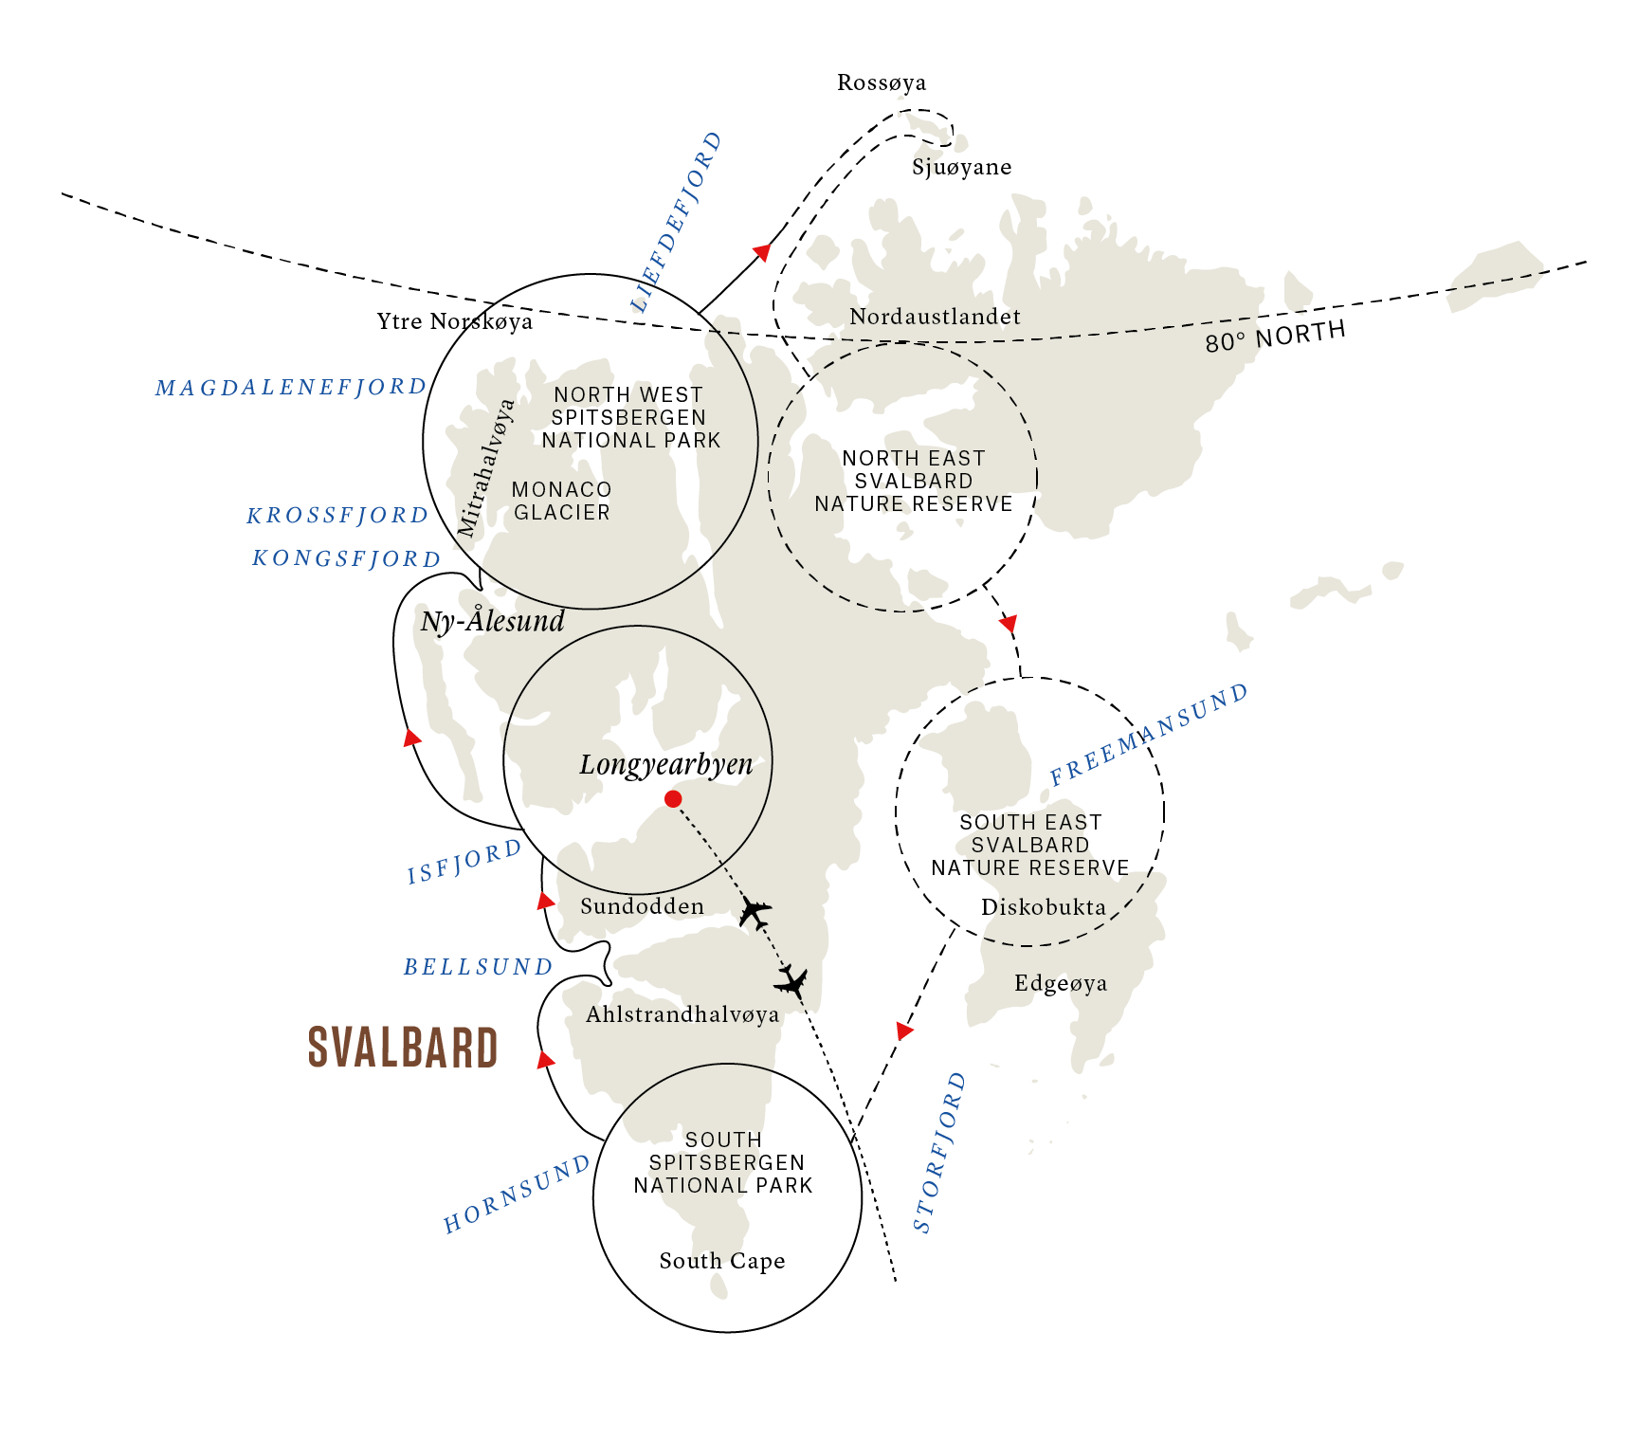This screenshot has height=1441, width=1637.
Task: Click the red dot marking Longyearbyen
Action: coord(673,799)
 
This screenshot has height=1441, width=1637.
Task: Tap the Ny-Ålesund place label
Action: coord(492,622)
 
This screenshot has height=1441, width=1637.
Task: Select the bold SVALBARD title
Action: coord(403,1048)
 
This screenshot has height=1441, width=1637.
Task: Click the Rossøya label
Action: coord(882,83)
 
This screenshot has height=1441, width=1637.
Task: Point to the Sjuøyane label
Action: coord(961,168)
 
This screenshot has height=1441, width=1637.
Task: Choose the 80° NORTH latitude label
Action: coord(1275,336)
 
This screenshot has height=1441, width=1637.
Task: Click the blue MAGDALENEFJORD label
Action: coord(291,387)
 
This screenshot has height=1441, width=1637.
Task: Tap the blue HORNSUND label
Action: coord(517,1195)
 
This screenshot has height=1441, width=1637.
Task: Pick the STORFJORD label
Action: coord(939,1153)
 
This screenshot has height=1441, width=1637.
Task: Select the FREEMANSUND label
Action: coord(1149,735)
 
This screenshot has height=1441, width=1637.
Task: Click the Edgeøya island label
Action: coord(1061,983)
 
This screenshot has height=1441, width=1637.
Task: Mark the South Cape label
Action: coord(722,1261)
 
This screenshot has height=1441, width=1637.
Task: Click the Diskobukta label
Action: coord(1044,907)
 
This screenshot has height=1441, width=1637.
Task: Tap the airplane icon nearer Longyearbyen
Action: coord(755,912)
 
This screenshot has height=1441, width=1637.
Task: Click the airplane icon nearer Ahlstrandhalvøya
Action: coord(791,980)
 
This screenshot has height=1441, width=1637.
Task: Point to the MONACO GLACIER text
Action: coord(562,501)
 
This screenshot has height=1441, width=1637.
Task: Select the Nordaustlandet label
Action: coord(935,317)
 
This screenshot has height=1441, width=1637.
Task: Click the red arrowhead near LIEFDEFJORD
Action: coord(761,252)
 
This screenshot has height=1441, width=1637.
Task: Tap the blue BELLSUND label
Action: coord(478,967)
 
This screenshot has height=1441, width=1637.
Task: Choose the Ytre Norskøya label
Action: coord(455,321)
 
